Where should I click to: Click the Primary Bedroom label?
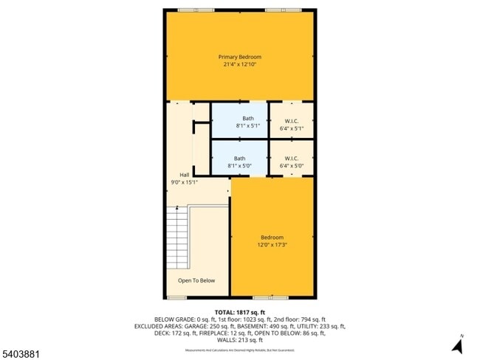239,57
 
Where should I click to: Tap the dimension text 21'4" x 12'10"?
239,64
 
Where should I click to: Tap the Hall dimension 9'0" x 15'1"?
184,181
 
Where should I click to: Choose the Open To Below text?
196,280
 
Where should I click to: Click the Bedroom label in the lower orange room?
272,238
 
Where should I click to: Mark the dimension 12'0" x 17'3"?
272,245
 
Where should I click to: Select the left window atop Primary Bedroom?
196,10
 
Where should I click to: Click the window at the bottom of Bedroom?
272,297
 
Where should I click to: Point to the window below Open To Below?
176,297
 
